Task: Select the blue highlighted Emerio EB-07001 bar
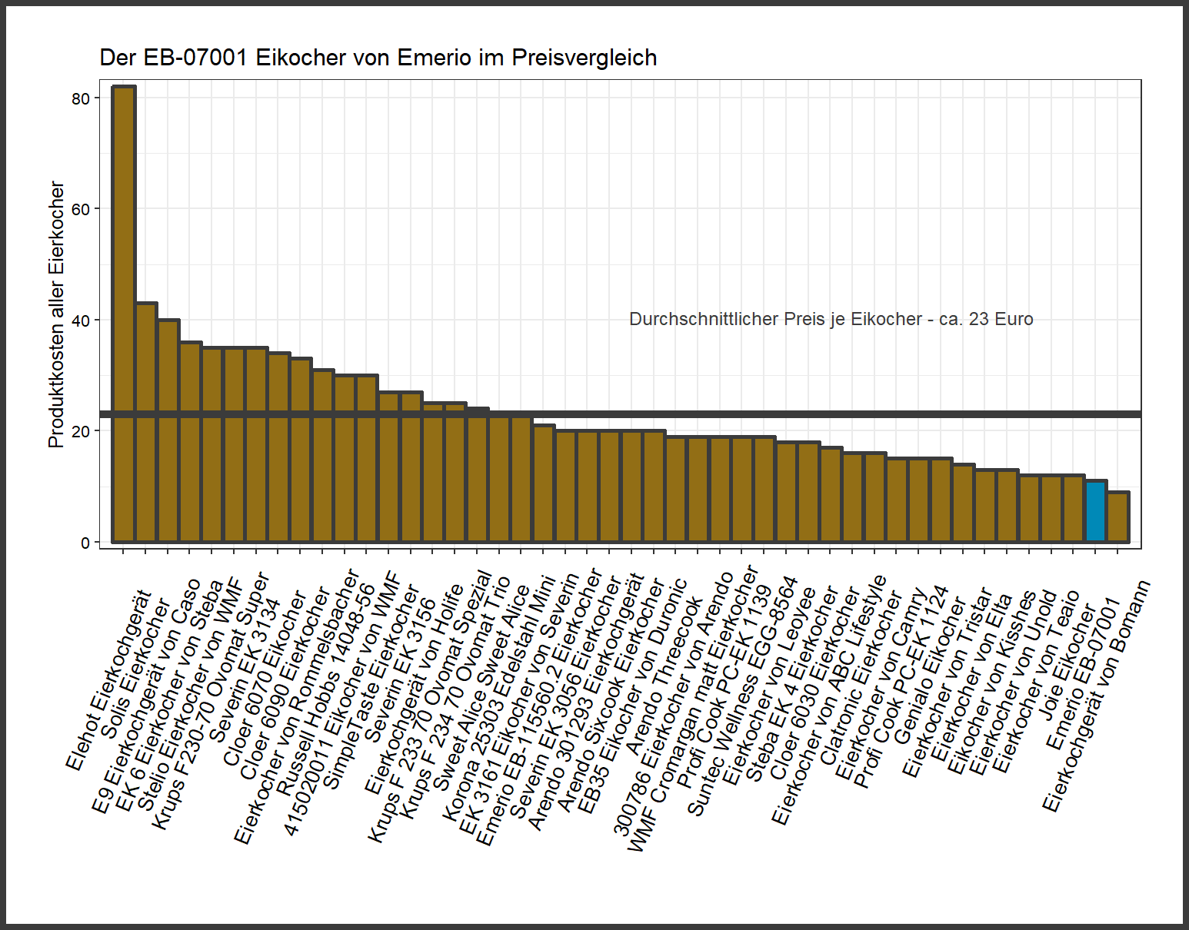pyautogui.click(x=1096, y=511)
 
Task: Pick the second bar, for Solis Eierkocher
pyautogui.click(x=146, y=422)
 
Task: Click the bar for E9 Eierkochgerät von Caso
pyautogui.click(x=168, y=430)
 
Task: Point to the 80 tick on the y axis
pyautogui.click(x=81, y=98)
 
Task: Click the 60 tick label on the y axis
pyautogui.click(x=81, y=209)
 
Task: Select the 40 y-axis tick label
pyautogui.click(x=81, y=321)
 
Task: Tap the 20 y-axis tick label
pyautogui.click(x=81, y=431)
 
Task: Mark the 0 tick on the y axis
pyautogui.click(x=85, y=543)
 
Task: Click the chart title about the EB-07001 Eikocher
pyautogui.click(x=378, y=58)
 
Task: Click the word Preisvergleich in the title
pyautogui.click(x=584, y=58)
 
